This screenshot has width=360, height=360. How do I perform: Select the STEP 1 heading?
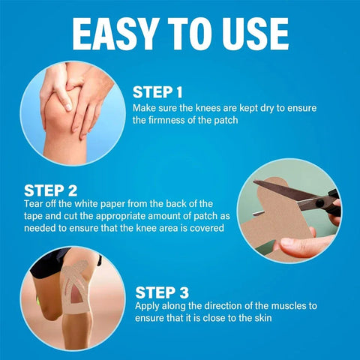pos(157,92)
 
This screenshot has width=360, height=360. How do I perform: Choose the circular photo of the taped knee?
pos(69,295)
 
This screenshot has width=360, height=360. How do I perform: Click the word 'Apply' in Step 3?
pos(147,306)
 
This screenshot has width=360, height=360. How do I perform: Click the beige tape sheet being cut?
pos(281,225)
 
